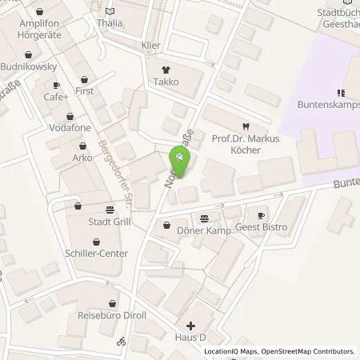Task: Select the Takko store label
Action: (166, 82)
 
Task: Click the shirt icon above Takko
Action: (166, 70)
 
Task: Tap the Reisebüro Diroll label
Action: (111, 315)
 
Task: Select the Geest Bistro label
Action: (262, 227)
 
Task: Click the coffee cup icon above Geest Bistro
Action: (261, 216)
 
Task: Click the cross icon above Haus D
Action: (190, 326)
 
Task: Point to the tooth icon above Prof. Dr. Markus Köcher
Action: (246, 126)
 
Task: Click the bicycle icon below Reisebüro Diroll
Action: (122, 341)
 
